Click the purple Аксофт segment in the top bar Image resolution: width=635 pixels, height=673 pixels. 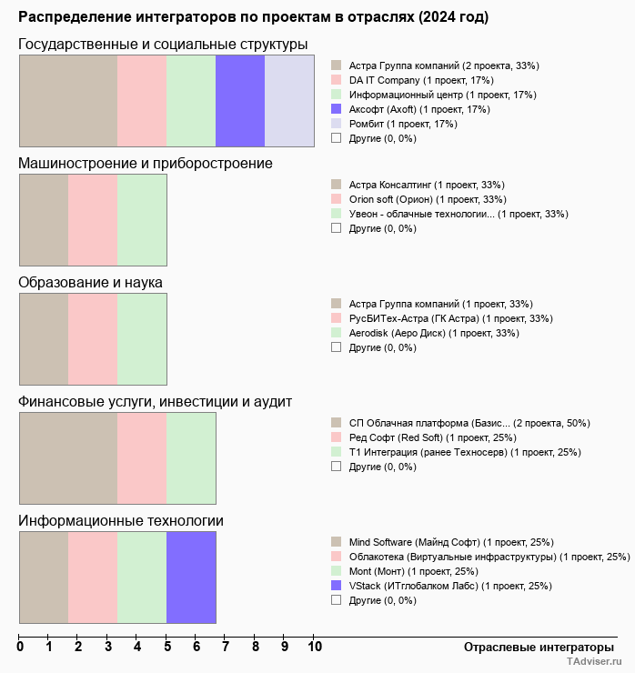click(x=240, y=101)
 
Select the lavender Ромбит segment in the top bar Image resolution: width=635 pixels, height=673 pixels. click(x=289, y=101)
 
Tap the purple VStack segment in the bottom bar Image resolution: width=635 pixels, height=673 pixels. click(x=191, y=578)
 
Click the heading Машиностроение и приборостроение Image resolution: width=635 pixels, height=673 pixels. click(x=146, y=163)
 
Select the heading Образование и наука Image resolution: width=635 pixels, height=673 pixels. click(x=91, y=282)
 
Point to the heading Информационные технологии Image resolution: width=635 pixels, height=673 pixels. click(x=121, y=520)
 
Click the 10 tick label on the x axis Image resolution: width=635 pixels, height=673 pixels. click(x=314, y=648)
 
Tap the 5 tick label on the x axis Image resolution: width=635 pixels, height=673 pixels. click(x=166, y=648)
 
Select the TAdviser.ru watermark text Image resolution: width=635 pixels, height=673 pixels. click(x=594, y=662)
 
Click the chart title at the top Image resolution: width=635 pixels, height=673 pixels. click(x=253, y=17)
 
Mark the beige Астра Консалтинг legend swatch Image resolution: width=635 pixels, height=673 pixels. click(x=337, y=185)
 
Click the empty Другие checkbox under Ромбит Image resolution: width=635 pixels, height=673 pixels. click(x=337, y=138)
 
